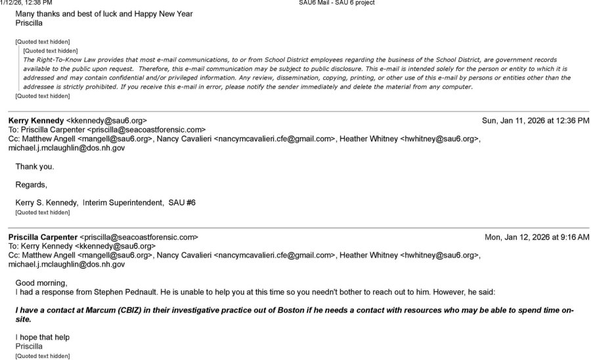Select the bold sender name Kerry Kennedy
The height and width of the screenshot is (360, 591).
36,121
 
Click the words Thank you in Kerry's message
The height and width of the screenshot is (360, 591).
35,167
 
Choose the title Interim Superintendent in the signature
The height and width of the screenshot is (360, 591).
122,202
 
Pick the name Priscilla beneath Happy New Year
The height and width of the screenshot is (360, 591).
33,23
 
